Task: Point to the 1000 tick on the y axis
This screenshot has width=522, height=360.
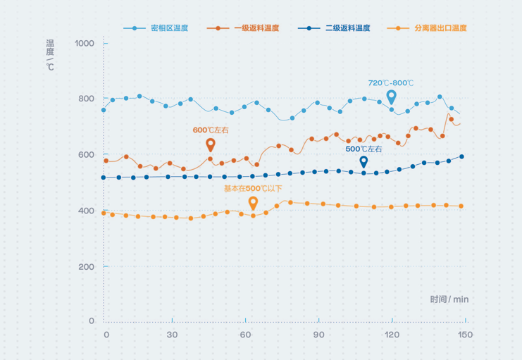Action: pos(84,44)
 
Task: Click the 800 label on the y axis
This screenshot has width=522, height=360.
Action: pos(86,99)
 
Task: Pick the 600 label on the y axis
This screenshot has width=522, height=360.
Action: pos(86,155)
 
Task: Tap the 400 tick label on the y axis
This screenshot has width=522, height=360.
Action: pos(86,211)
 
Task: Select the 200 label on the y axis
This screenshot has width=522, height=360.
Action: pos(86,266)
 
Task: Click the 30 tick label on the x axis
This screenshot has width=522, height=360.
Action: pos(172,335)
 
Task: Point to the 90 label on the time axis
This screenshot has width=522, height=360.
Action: pos(318,335)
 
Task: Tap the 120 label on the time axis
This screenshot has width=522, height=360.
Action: pos(392,335)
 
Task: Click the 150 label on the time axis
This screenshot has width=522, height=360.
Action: pos(464,335)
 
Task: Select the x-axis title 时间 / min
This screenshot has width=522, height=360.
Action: pos(449,299)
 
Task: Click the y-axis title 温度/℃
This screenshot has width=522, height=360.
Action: pos(50,55)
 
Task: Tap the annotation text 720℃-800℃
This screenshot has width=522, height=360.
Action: pos(391,83)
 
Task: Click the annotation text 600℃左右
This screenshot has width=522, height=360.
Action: pos(211,130)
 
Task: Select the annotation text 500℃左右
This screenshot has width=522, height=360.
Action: pos(363,149)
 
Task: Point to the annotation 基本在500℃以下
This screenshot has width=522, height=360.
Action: pos(253,189)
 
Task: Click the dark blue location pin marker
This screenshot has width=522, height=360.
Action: pos(363,162)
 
